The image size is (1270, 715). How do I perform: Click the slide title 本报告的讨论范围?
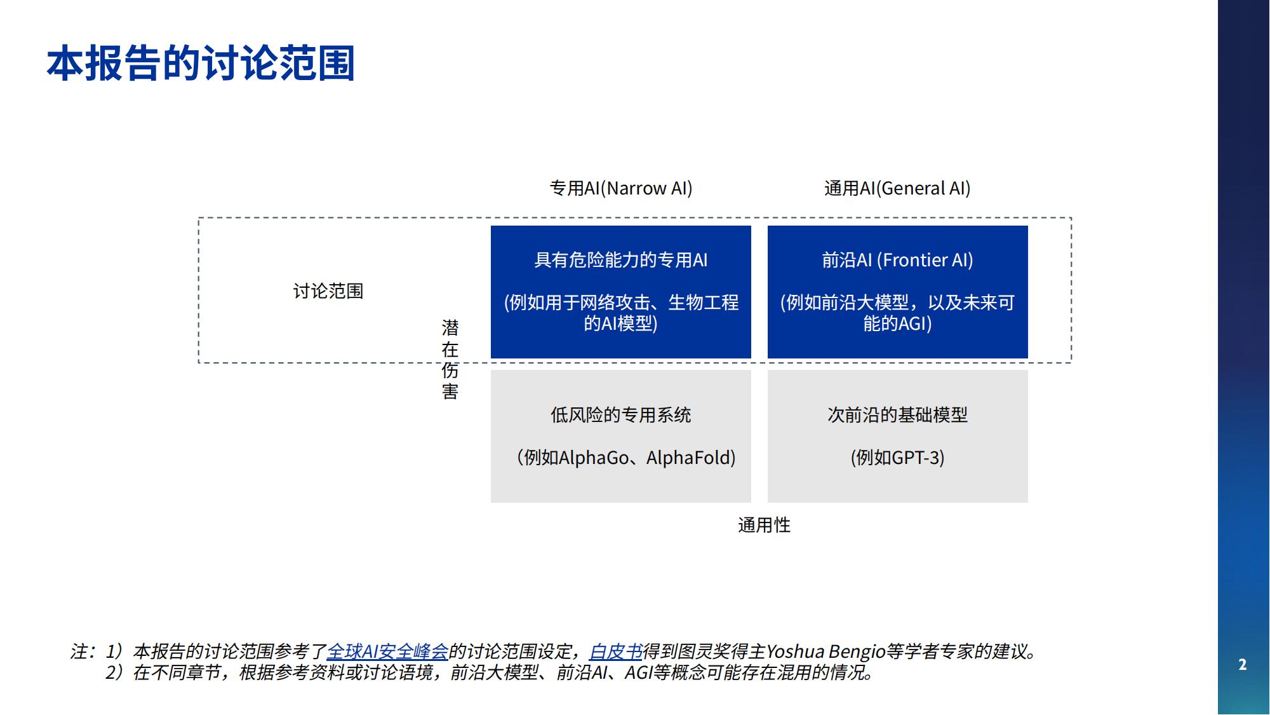click(201, 64)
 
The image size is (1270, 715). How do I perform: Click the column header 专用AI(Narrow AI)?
click(621, 188)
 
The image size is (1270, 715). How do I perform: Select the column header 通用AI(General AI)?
click(897, 188)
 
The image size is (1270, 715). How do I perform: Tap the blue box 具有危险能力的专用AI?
click(621, 292)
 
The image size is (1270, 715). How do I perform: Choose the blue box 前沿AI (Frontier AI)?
click(898, 292)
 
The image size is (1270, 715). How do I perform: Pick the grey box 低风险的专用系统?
click(621, 437)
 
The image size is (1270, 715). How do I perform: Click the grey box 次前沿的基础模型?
click(898, 437)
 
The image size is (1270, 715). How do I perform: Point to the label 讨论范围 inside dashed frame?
click(328, 291)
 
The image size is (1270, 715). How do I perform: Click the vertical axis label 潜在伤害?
click(450, 360)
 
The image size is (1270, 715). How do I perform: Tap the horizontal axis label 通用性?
click(765, 525)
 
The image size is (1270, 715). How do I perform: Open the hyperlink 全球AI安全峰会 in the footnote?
click(387, 651)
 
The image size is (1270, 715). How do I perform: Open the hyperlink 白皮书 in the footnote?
click(616, 651)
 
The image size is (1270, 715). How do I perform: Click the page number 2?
click(1243, 665)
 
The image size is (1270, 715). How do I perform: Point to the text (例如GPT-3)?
click(898, 458)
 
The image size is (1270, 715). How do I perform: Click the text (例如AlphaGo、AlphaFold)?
click(626, 458)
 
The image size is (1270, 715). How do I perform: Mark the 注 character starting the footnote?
click(79, 651)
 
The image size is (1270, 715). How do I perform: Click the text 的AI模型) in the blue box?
click(621, 323)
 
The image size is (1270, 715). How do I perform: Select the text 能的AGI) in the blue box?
click(898, 323)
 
